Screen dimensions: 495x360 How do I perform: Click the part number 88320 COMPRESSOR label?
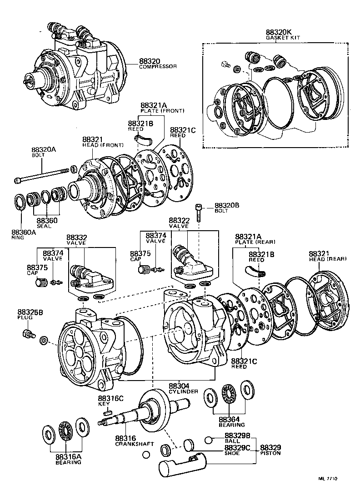(157, 64)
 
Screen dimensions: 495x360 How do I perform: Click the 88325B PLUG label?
(31, 315)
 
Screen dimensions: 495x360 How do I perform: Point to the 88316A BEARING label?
(69, 459)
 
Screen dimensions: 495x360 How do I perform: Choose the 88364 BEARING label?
(231, 422)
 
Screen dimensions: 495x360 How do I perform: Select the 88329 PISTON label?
(271, 450)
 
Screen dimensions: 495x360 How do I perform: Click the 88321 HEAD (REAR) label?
(327, 256)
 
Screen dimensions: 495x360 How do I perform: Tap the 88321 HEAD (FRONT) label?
(103, 142)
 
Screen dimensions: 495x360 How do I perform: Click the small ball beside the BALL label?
(209, 440)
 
